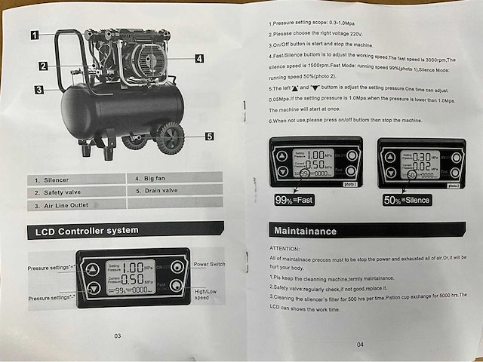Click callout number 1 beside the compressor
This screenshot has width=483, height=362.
click(35, 34)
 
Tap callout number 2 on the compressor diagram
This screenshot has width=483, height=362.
click(45, 66)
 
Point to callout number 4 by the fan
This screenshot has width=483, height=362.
click(199, 58)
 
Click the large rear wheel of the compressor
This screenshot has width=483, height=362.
click(171, 138)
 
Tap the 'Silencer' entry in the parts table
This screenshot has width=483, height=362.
click(53, 179)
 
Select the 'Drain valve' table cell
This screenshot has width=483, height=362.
click(158, 191)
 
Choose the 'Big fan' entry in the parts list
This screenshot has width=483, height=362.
click(152, 179)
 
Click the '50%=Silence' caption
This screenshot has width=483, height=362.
click(407, 200)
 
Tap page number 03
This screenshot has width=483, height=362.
click(116, 336)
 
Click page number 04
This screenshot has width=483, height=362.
click(360, 344)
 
